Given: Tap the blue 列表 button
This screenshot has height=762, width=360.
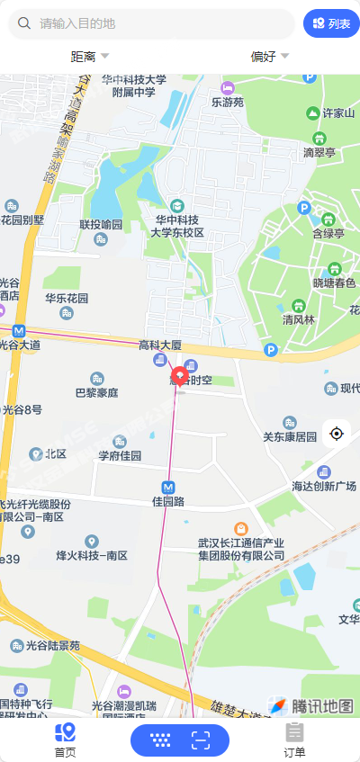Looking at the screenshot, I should [x=331, y=23].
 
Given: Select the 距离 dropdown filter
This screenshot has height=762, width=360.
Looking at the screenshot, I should [x=89, y=57].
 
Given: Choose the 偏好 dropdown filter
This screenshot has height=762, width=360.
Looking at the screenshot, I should [x=269, y=57].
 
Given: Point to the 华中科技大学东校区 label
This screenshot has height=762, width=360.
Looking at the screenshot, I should [x=176, y=225].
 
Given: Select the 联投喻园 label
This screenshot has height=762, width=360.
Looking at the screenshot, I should [x=100, y=225].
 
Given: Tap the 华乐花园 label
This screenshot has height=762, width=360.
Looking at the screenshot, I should [x=67, y=298].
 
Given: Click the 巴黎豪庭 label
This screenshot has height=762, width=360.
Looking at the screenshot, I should [x=96, y=393].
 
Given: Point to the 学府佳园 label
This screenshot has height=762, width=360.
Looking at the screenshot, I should [x=120, y=455].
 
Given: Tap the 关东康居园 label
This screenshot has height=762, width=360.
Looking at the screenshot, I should [x=290, y=436].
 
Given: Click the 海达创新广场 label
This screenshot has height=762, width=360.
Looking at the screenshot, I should [x=325, y=486].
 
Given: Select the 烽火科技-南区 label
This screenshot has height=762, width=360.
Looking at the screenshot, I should [x=92, y=555].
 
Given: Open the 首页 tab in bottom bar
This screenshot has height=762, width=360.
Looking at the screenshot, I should [x=65, y=740].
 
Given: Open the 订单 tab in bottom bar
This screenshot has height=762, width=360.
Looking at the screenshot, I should [x=294, y=740].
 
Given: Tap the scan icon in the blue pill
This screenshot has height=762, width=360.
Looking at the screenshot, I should [x=200, y=740].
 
